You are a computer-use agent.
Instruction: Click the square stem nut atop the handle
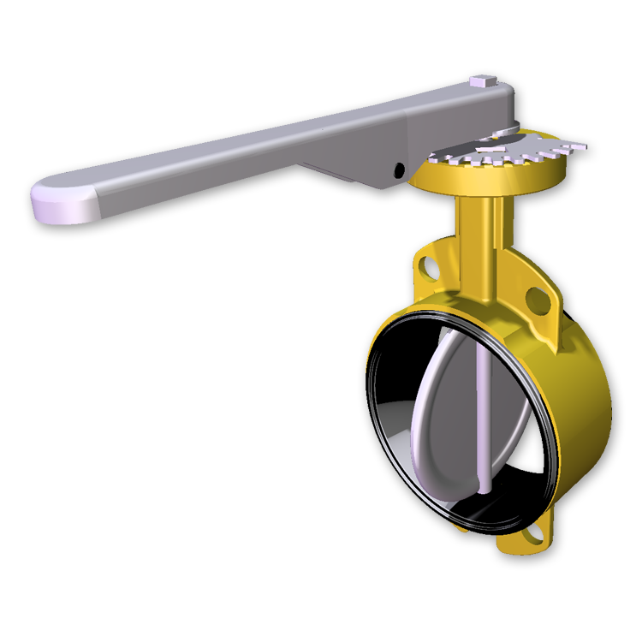pos(481,82)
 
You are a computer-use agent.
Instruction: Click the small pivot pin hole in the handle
pos(399,170)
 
